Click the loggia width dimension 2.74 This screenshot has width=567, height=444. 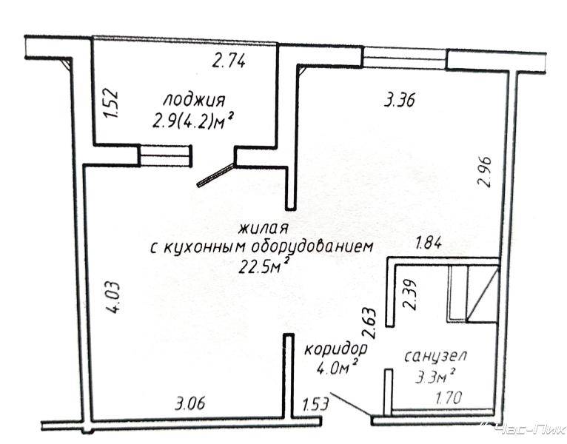click(x=229, y=61)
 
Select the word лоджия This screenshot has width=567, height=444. click(x=194, y=101)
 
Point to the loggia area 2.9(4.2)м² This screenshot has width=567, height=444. click(x=192, y=121)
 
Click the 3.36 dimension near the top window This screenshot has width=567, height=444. click(x=399, y=100)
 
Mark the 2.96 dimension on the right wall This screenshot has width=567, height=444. click(x=485, y=171)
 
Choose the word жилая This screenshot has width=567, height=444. click(x=263, y=229)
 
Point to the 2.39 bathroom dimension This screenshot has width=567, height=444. click(x=411, y=295)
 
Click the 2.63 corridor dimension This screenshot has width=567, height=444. click(x=372, y=323)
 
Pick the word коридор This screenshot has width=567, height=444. click(x=336, y=350)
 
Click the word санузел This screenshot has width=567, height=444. click(x=435, y=357)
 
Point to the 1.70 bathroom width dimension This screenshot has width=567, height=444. click(x=449, y=398)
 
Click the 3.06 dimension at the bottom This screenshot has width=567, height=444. click(x=189, y=403)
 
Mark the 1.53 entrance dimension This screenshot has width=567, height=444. click(x=315, y=404)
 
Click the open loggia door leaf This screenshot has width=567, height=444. click(x=215, y=175)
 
